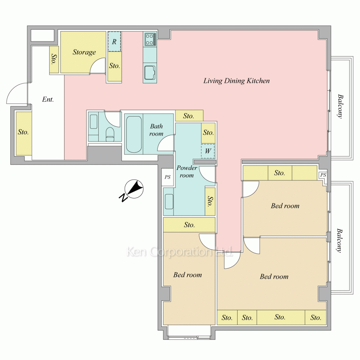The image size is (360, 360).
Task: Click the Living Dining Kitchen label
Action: pyautogui.click(x=237, y=81)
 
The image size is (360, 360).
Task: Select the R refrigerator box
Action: pyautogui.click(x=114, y=41)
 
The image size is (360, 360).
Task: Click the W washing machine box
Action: pyautogui.click(x=208, y=151)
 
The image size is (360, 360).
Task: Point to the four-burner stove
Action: pyautogui.click(x=150, y=39)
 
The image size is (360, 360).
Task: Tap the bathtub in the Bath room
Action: pyautogui.click(x=134, y=134)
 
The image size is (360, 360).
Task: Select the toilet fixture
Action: pyautogui.click(x=110, y=134)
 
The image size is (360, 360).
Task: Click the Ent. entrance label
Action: pyautogui.click(x=48, y=99)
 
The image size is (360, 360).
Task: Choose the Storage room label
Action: pyautogui.click(x=84, y=52)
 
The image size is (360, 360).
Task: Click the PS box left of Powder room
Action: pyautogui.click(x=168, y=177)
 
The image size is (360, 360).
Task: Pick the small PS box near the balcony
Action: pyautogui.click(x=323, y=175)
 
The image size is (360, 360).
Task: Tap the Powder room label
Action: pyautogui.click(x=186, y=171)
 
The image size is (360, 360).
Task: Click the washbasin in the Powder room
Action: pyautogui.click(x=169, y=202)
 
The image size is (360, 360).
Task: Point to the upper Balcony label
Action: pyautogui.click(x=340, y=106)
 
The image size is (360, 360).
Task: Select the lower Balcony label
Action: pyautogui.click(x=339, y=240)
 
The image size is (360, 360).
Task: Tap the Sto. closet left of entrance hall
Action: pyautogui.click(x=23, y=132)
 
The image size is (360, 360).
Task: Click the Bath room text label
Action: pyautogui.click(x=156, y=130)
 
